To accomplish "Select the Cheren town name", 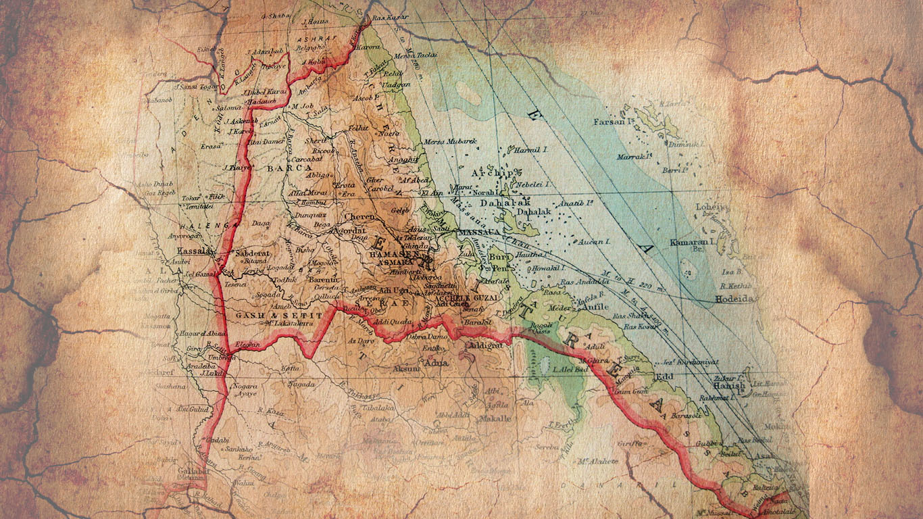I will coord(359,217).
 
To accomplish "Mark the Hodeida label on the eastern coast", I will coord(734,298).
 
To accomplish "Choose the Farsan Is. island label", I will coord(613,122).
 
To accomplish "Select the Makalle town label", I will coord(495,418).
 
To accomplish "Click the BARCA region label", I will coord(289,168).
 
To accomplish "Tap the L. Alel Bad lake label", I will coord(568,370).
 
